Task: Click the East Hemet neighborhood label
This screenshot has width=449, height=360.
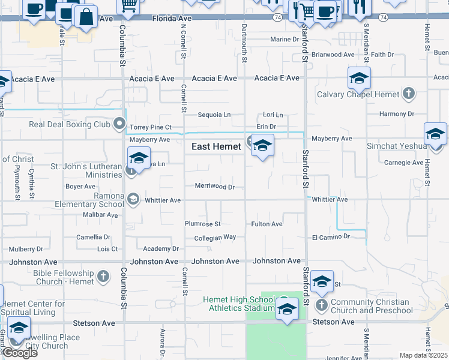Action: (216, 146)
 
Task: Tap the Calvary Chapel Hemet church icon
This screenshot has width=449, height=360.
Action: (409, 94)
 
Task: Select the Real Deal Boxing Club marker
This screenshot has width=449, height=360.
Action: (119, 125)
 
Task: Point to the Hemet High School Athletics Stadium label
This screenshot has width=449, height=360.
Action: (239, 304)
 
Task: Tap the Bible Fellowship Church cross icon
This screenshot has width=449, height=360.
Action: (103, 277)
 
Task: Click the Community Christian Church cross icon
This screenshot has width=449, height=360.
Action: (322, 306)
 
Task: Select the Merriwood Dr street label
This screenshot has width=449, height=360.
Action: (214, 187)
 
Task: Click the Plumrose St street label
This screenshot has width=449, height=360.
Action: (202, 224)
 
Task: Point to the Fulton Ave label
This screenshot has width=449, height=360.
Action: (267, 224)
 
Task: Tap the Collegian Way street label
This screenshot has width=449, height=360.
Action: (215, 238)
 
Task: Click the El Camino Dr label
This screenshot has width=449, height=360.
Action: (331, 237)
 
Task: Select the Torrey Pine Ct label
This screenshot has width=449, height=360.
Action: (151, 128)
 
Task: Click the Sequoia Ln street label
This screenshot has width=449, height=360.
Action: (214, 115)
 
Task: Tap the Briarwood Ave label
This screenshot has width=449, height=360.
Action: (333, 55)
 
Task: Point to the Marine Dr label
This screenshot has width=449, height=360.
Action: (284, 40)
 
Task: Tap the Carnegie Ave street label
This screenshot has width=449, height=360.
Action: (404, 163)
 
